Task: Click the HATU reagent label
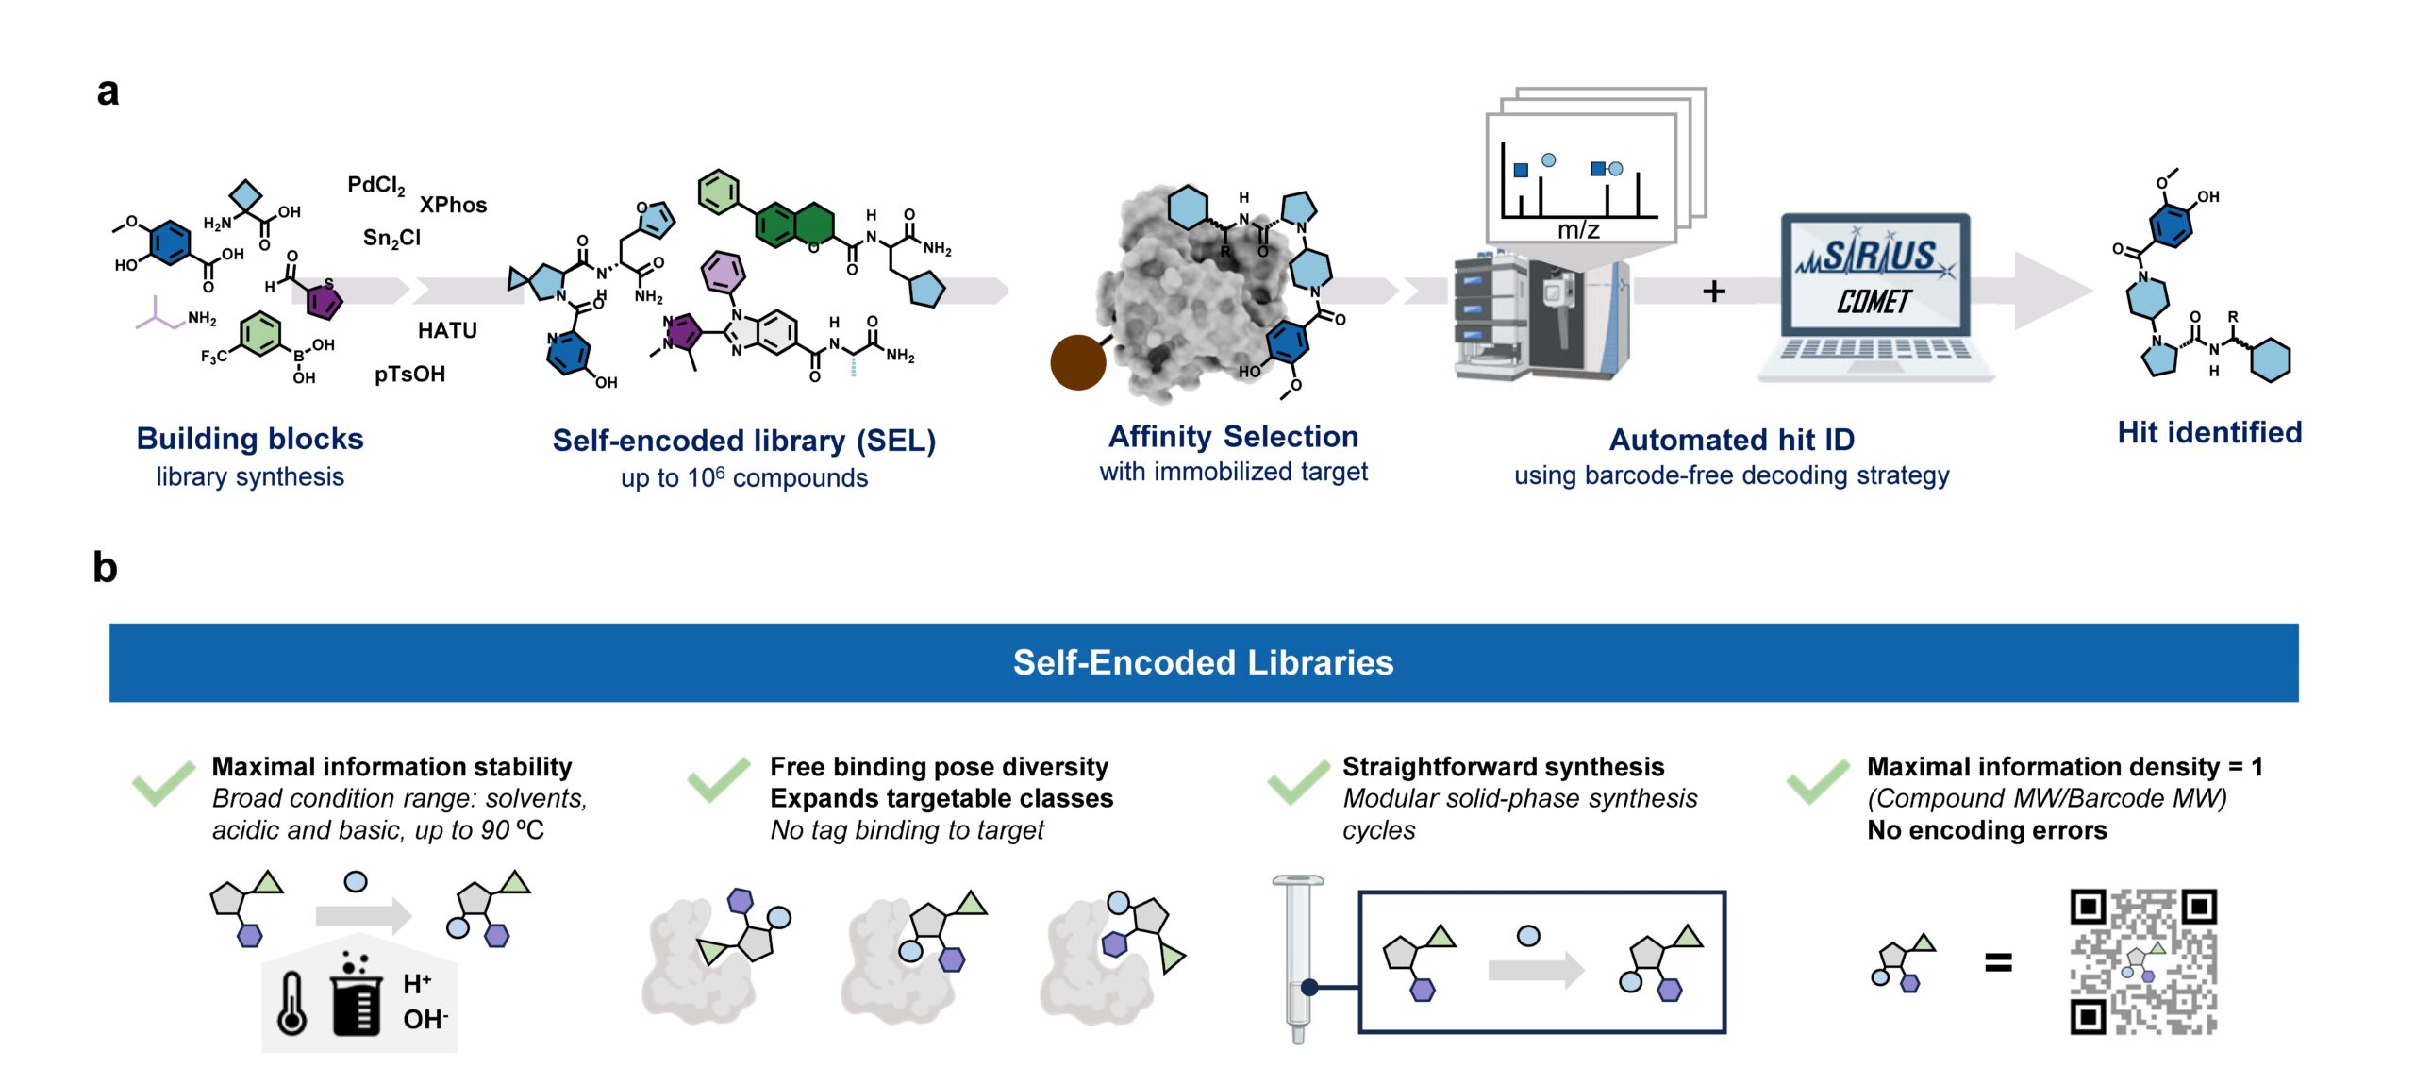pos(447,330)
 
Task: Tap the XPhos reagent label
pos(453,205)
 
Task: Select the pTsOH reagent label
pos(409,374)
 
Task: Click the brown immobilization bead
pos(1077,362)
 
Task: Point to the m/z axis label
pos(1577,229)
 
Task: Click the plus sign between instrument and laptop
pos(1714,292)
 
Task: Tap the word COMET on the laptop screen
pos(1874,302)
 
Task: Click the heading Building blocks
pos(250,439)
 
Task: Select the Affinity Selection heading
pos(1233,436)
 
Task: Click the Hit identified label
pos(2209,432)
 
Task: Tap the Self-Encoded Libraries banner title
pos(1203,662)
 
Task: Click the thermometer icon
pos(291,1002)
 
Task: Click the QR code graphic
pos(2142,961)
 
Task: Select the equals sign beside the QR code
pos(1998,962)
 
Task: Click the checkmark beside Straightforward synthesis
pos(1298,782)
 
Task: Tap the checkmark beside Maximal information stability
pos(164,782)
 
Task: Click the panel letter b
pos(105,568)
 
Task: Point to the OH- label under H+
pos(425,1019)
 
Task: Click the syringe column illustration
pos(1298,958)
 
